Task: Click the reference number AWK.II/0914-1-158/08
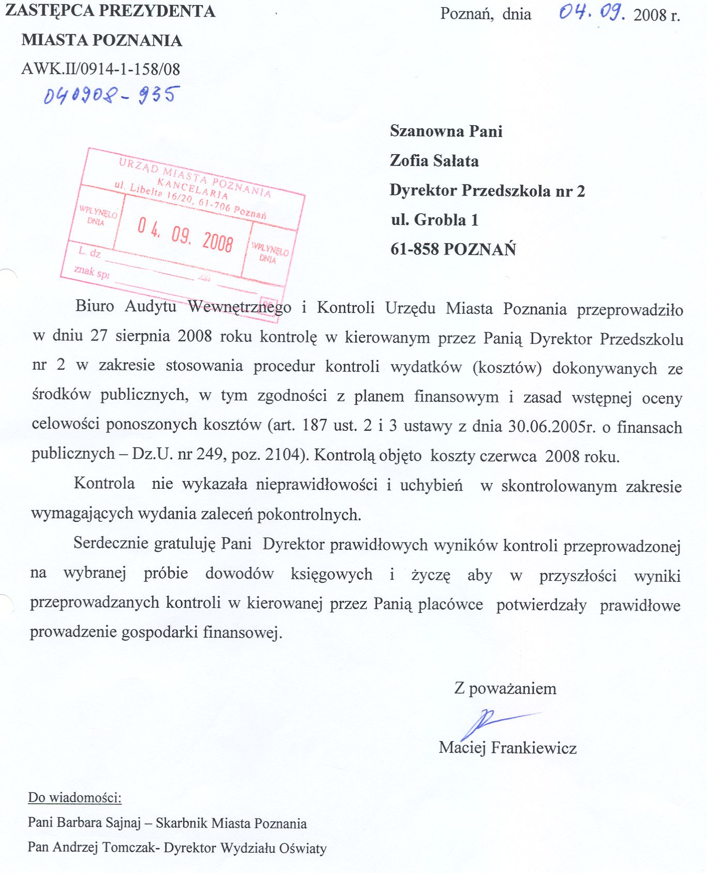click(x=100, y=69)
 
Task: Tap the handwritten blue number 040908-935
click(x=112, y=95)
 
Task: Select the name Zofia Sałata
click(x=434, y=161)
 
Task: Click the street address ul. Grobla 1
click(x=434, y=220)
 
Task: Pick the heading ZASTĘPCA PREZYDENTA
click(x=110, y=11)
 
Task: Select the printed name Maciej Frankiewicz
click(x=507, y=747)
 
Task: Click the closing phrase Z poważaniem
click(x=505, y=688)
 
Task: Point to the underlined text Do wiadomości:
click(x=74, y=797)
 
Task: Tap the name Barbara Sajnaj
click(x=98, y=823)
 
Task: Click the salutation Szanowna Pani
click(x=446, y=131)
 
